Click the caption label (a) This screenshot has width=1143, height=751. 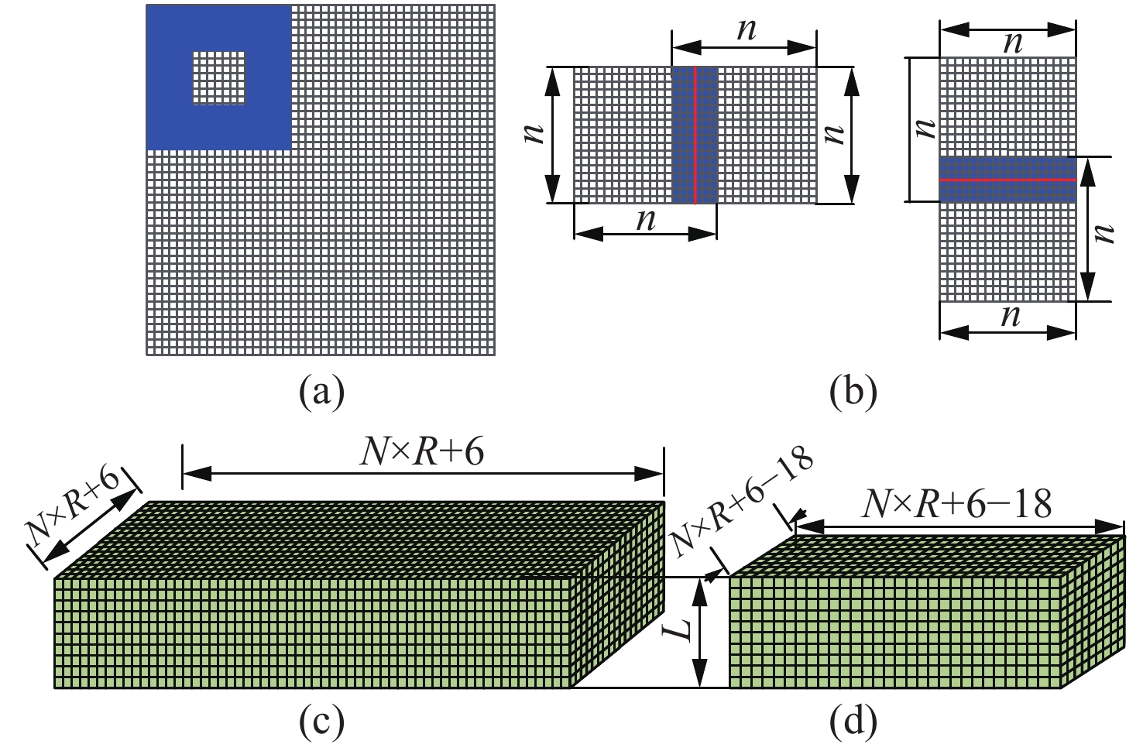pyautogui.click(x=321, y=393)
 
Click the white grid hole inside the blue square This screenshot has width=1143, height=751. pyautogui.click(x=219, y=78)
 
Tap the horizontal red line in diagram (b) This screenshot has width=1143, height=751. pyautogui.click(x=1007, y=180)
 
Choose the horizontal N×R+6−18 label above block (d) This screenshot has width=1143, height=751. pyautogui.click(x=956, y=505)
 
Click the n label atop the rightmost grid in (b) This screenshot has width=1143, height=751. pyautogui.click(x=1010, y=43)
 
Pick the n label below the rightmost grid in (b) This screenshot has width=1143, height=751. pyautogui.click(x=1009, y=315)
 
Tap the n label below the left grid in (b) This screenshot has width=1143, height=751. pyautogui.click(x=645, y=219)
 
